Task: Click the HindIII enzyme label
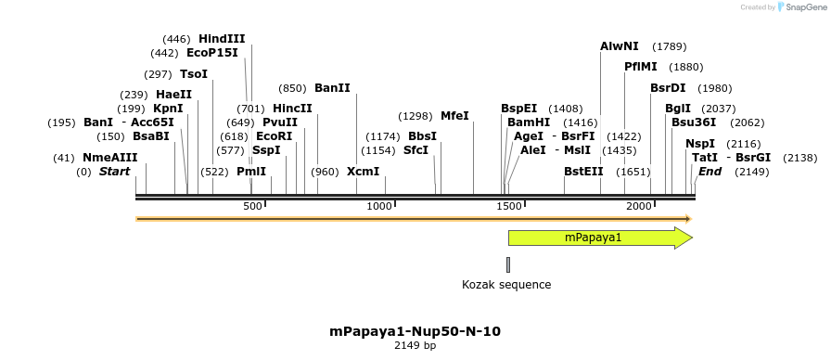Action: (x=222, y=39)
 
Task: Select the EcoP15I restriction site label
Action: (x=211, y=53)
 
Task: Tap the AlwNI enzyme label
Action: (x=620, y=46)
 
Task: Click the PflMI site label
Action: (x=641, y=67)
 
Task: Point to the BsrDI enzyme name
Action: (x=668, y=88)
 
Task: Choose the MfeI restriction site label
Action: (x=454, y=116)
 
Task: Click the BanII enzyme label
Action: (x=332, y=88)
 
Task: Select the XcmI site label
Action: (x=363, y=172)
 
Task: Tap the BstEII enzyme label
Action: (x=583, y=172)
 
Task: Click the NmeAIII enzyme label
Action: (x=109, y=158)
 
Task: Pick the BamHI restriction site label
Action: (x=529, y=122)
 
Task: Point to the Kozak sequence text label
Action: (x=506, y=285)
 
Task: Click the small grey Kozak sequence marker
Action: (x=509, y=264)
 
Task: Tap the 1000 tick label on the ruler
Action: (x=380, y=206)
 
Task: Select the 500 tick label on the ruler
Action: (x=253, y=206)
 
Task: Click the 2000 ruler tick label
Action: (x=637, y=206)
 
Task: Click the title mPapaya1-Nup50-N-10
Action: (x=415, y=331)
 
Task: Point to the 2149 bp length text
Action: (x=415, y=346)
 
